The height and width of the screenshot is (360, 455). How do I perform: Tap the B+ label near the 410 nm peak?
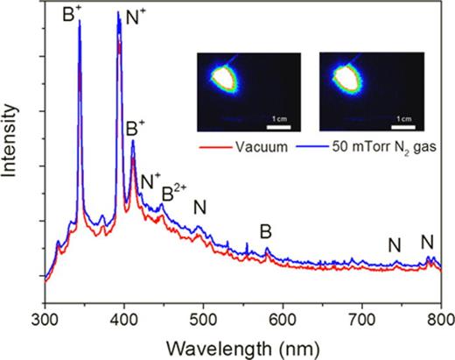pyautogui.click(x=136, y=128)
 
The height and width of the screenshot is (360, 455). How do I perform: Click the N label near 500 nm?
pyautogui.click(x=200, y=208)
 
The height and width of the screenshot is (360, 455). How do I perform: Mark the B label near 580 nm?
pyautogui.click(x=266, y=231)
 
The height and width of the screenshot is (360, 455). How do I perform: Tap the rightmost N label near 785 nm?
pyautogui.click(x=427, y=241)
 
